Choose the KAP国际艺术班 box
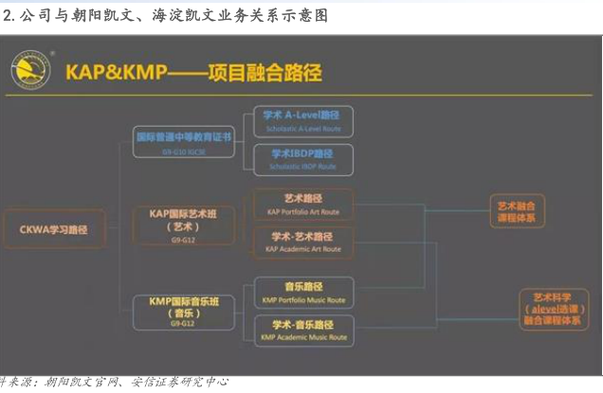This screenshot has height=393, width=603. tap(183, 220)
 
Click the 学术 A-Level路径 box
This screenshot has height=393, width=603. tap(302, 120)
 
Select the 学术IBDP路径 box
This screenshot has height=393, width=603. tap(302, 158)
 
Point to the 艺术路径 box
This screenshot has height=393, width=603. tap(302, 205)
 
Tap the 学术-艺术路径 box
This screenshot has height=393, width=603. tap(302, 241)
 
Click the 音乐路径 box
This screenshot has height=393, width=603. tap(302, 292)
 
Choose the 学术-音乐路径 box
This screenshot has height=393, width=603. tap(302, 330)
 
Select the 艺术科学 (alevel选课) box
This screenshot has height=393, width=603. tap(555, 308)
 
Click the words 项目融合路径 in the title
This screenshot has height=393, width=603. tap(265, 73)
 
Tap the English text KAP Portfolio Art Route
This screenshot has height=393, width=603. tap(302, 212)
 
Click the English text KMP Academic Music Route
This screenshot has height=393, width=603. tap(302, 337)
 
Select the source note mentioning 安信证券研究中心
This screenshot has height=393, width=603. tap(114, 383)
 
